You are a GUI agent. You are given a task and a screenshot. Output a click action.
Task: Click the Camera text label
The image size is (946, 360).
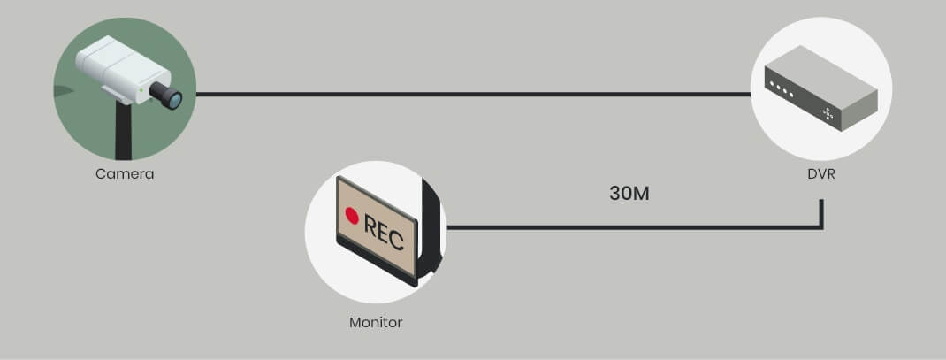125,174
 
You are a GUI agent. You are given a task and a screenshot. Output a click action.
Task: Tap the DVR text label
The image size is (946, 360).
820,174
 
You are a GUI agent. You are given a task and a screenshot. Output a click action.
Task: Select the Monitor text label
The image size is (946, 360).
376,322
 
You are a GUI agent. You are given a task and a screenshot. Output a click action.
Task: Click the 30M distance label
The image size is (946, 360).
629,194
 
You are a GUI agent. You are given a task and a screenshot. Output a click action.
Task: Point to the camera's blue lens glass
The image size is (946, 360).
174,99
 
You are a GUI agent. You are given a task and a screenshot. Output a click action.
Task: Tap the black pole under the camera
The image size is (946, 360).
125,133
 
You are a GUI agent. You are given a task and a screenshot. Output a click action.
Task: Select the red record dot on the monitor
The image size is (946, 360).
352,215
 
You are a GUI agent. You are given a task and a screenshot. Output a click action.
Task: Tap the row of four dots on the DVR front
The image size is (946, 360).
781,89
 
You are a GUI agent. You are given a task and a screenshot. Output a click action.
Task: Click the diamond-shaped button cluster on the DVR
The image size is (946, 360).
828,112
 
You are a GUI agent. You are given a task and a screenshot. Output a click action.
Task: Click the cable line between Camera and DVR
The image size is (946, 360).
469,93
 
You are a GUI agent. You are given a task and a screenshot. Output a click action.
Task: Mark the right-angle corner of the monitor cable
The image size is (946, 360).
821,227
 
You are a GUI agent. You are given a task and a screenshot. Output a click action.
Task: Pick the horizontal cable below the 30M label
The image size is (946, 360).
629,227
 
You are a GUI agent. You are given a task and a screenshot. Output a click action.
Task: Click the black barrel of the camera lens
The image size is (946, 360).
160,93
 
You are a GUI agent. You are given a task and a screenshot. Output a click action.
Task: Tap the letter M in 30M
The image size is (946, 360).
641,194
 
